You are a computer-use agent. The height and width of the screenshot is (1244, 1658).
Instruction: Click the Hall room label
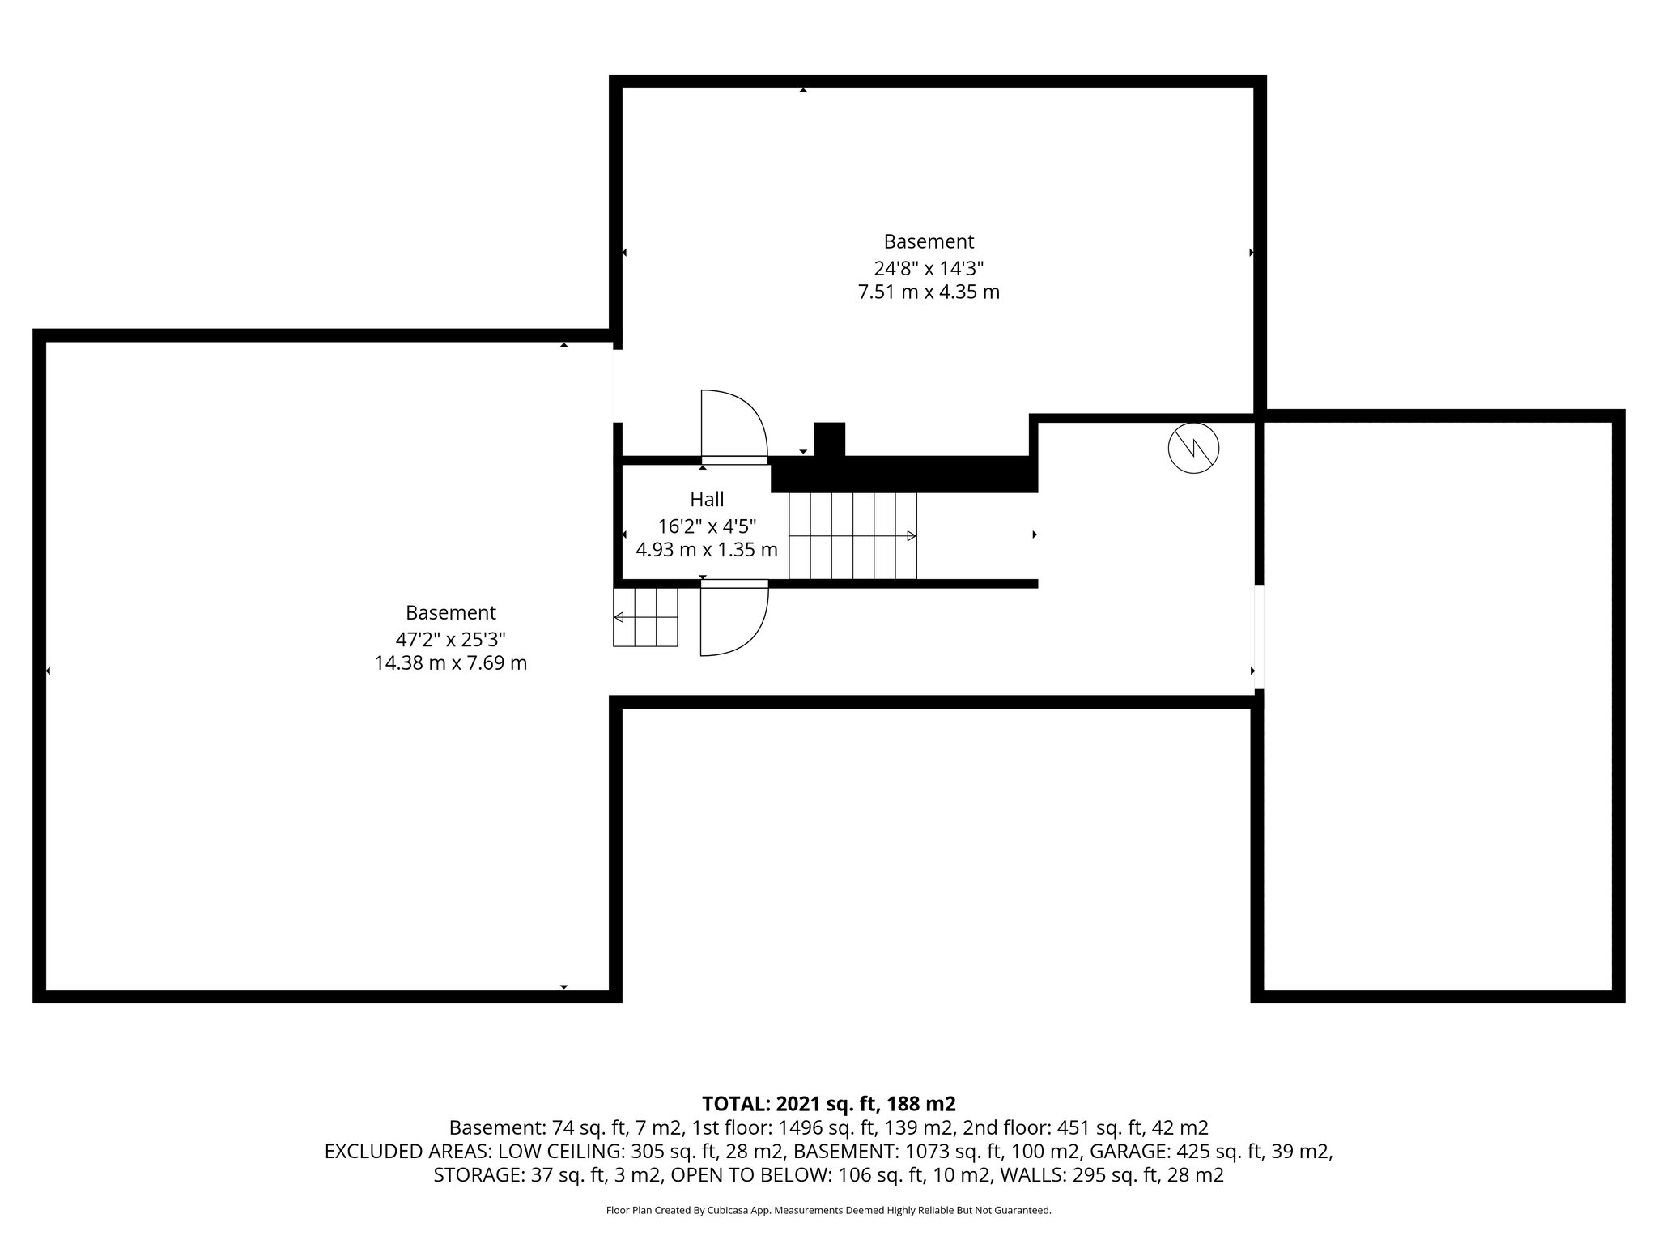coord(707,500)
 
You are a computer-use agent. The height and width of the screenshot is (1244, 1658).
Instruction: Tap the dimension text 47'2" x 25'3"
coord(450,638)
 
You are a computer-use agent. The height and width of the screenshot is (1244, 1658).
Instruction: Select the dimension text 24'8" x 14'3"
coord(929,267)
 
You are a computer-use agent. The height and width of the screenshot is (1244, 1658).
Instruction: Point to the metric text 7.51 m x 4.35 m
coord(929,292)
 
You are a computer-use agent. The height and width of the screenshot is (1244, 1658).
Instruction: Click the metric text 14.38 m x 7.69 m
coord(450,663)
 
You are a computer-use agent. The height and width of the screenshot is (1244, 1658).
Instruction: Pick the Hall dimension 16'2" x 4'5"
coord(707,526)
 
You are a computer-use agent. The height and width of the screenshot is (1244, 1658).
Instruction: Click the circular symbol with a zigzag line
coord(1194,449)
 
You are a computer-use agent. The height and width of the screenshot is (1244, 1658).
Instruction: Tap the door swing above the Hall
coord(733,425)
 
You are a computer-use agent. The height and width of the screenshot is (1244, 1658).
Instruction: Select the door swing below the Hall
coord(733,620)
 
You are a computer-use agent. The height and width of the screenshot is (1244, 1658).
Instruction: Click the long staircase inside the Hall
coord(852,535)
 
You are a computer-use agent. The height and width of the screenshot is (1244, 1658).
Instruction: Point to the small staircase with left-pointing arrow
coord(645,617)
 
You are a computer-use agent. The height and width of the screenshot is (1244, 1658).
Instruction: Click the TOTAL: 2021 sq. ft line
coord(829,1103)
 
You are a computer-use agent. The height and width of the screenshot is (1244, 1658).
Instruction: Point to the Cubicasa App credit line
coord(829,1211)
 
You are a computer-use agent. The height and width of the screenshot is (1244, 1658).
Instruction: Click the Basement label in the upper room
coord(929,241)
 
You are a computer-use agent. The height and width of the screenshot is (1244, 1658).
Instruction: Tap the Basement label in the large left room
coord(450,613)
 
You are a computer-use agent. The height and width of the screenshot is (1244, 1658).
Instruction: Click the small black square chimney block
coord(829,439)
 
